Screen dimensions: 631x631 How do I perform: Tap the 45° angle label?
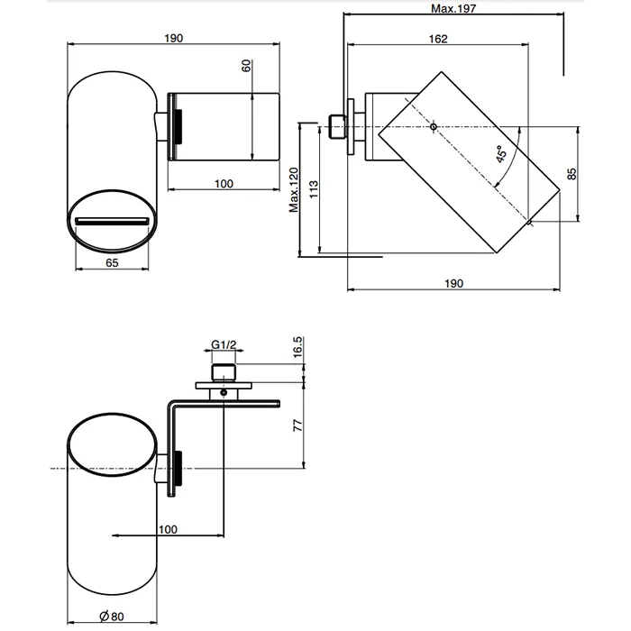click(501, 154)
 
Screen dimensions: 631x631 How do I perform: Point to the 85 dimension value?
click(571, 175)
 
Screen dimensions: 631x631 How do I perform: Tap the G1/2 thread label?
click(224, 344)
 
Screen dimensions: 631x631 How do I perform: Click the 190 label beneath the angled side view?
click(453, 283)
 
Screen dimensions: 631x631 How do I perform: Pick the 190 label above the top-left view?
click(174, 38)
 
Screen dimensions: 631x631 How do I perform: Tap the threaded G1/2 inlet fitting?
click(223, 371)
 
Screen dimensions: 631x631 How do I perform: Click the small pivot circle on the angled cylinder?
click(434, 126)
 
